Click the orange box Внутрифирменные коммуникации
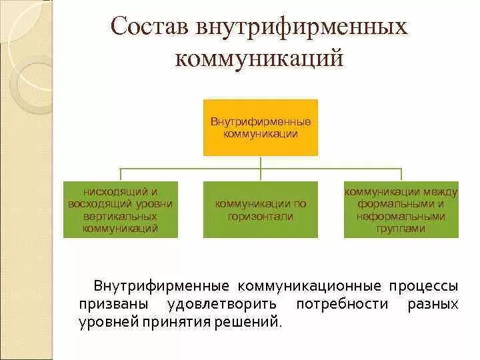pyautogui.click(x=261, y=127)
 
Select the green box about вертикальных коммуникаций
pyautogui.click(x=121, y=209)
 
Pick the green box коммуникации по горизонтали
pyautogui.click(x=261, y=209)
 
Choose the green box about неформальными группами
pyautogui.click(x=401, y=209)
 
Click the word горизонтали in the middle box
pyautogui.click(x=261, y=216)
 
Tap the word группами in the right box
pyautogui.click(x=401, y=228)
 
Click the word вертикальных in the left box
pyautogui.click(x=121, y=216)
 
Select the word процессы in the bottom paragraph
pyautogui.click(x=423, y=286)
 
